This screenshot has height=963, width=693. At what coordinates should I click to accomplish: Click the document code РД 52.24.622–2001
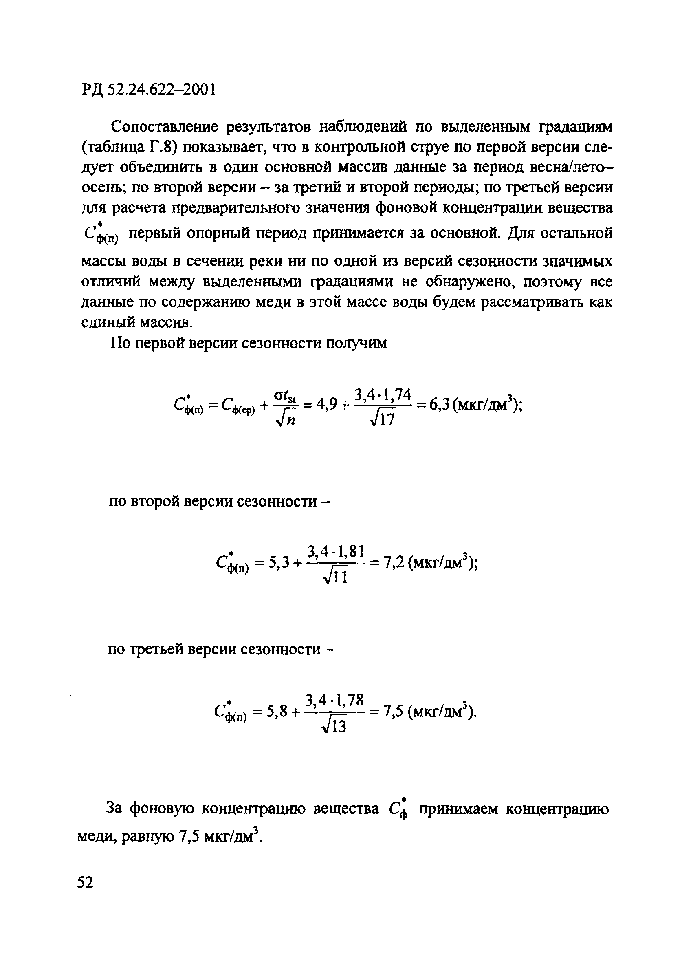tap(149, 90)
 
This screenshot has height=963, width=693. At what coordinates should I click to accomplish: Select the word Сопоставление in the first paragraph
tap(165, 126)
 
